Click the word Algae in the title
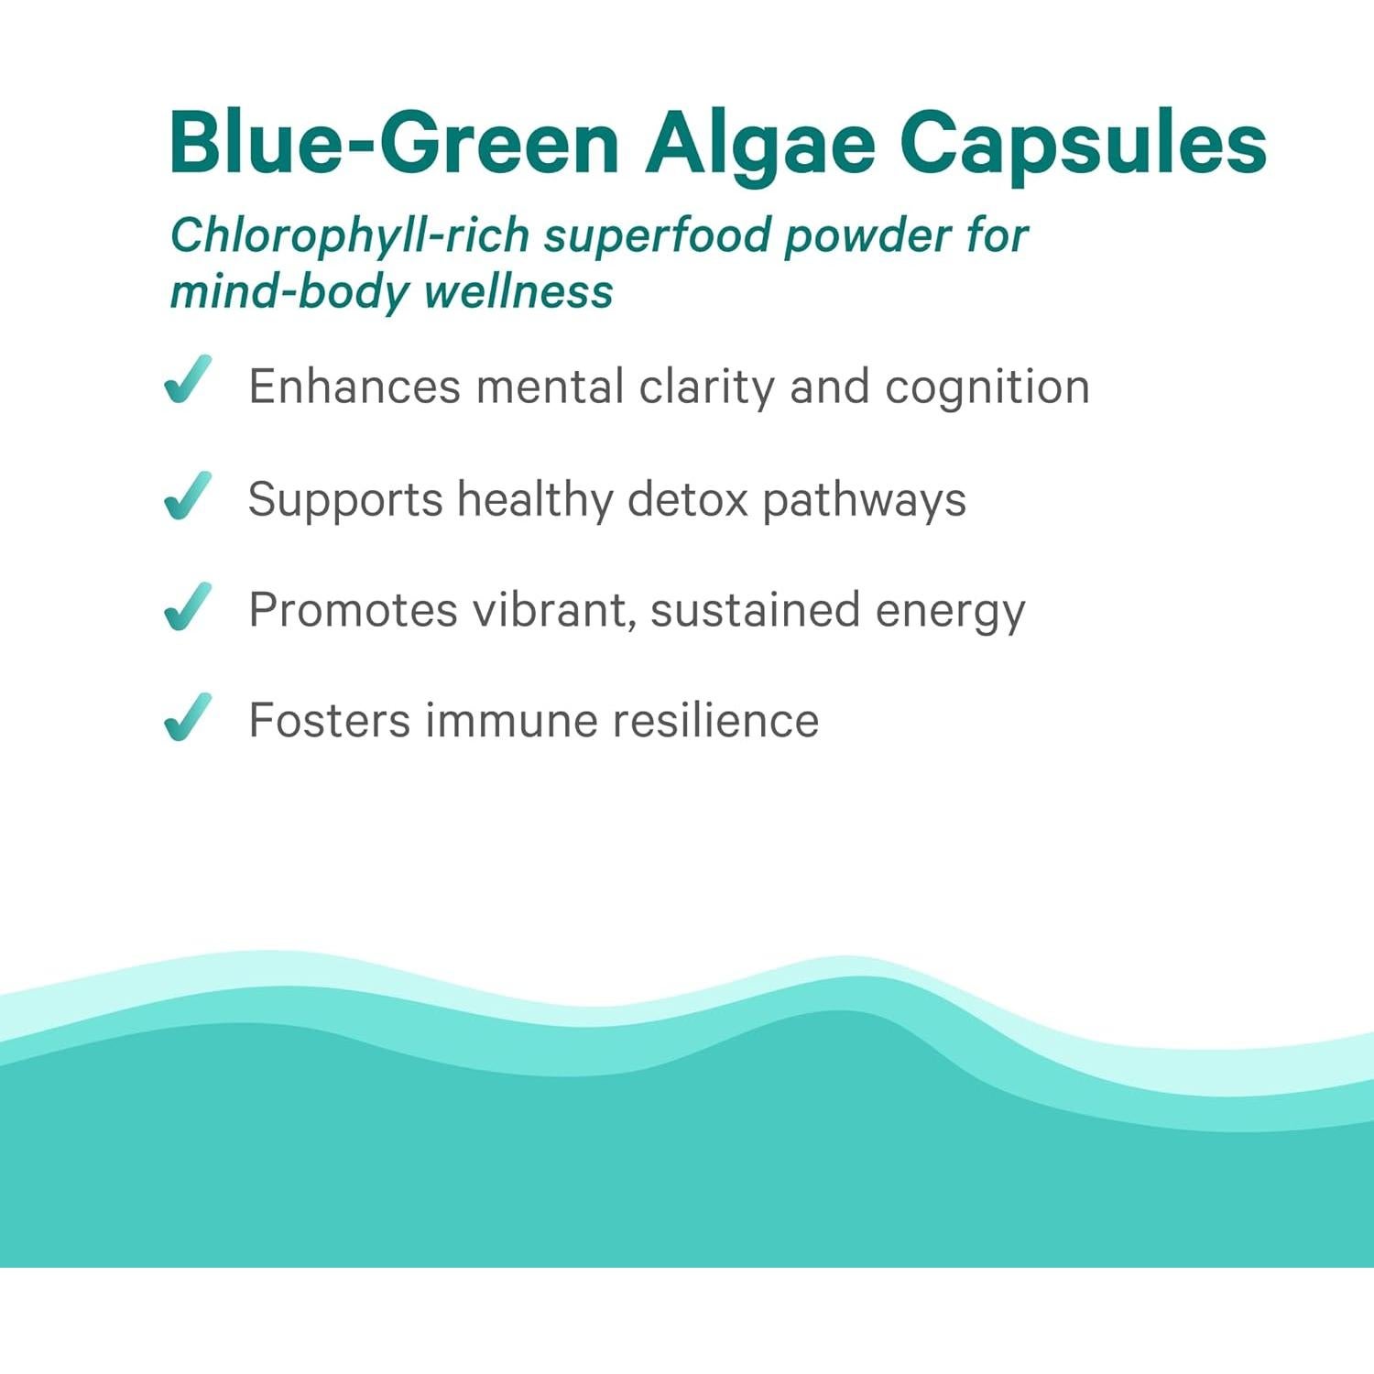click(x=759, y=144)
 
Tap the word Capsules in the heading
click(x=1083, y=144)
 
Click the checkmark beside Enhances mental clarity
click(x=188, y=380)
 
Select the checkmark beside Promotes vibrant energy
click(x=188, y=606)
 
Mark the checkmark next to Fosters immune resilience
click(x=188, y=716)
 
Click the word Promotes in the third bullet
click(x=353, y=611)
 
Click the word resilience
click(x=715, y=721)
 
